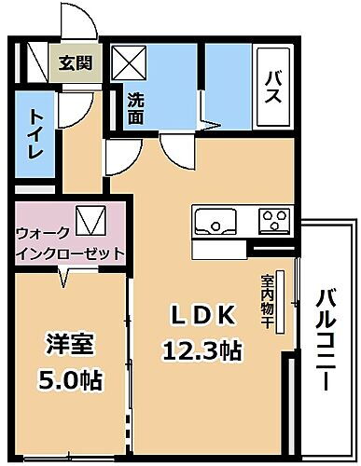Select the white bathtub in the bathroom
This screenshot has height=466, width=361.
pyautogui.click(x=276, y=89)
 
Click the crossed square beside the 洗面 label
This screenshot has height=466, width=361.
pyautogui.click(x=128, y=65)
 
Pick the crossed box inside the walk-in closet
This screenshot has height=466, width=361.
pyautogui.click(x=88, y=220)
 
